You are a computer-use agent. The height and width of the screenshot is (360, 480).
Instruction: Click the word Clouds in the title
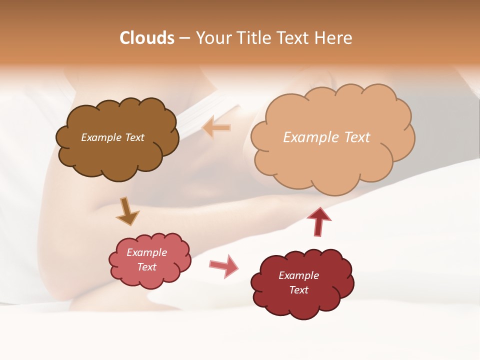click(147, 38)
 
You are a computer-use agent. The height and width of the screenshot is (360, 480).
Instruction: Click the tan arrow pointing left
click(216, 127)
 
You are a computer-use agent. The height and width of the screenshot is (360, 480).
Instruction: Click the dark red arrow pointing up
click(319, 221)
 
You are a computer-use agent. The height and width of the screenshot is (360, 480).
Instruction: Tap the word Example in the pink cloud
click(147, 252)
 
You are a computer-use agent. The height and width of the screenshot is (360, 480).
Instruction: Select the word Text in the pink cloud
click(147, 267)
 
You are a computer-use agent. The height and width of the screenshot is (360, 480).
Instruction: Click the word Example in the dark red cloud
click(298, 275)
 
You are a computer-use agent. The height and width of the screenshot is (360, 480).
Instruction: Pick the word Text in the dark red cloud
click(298, 290)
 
